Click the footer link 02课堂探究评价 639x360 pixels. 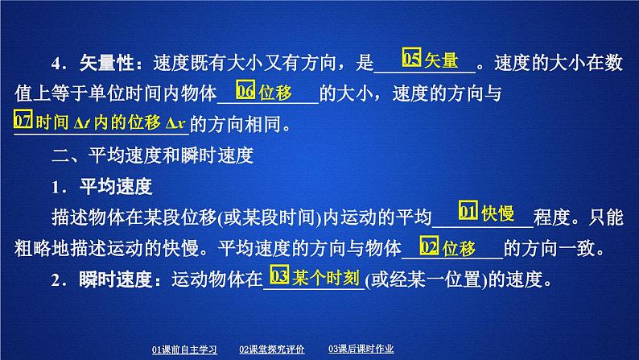click(x=271, y=349)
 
